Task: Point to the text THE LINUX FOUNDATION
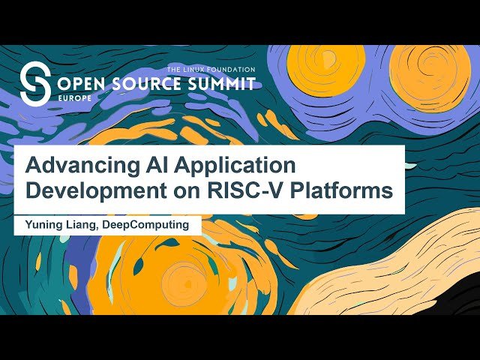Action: point(211,69)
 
